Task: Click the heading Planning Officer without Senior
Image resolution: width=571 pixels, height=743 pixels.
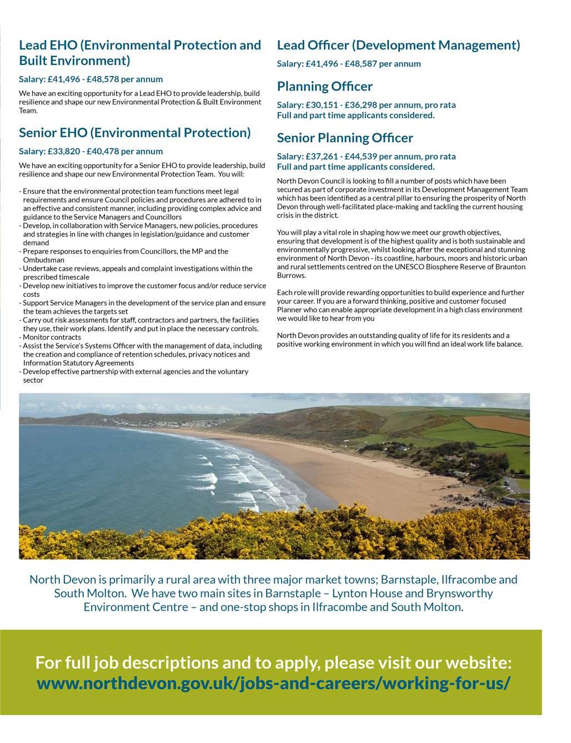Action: (324, 87)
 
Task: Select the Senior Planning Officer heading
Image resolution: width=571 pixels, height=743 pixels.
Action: (345, 138)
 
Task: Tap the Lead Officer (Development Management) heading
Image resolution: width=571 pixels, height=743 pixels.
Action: (398, 45)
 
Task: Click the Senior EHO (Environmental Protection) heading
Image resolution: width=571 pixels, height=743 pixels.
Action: (135, 133)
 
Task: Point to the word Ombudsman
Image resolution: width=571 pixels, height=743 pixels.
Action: (43, 260)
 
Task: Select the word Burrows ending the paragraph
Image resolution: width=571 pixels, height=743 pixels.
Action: (291, 275)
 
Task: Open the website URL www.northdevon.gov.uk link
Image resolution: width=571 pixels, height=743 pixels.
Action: (272, 683)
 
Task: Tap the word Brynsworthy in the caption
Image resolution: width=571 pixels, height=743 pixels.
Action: (459, 593)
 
